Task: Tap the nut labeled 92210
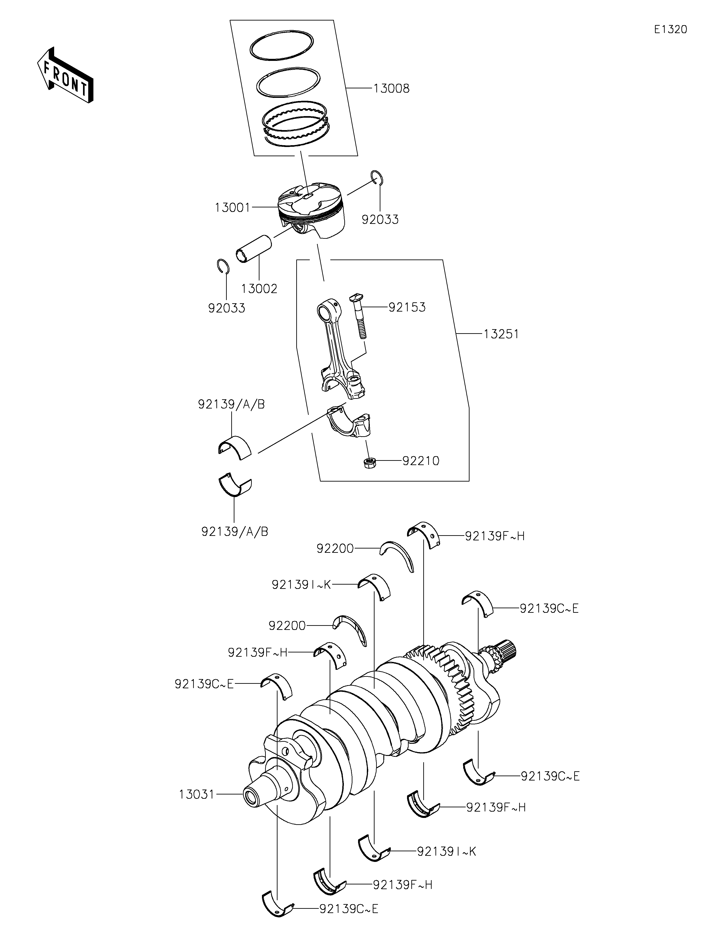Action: click(x=369, y=462)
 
